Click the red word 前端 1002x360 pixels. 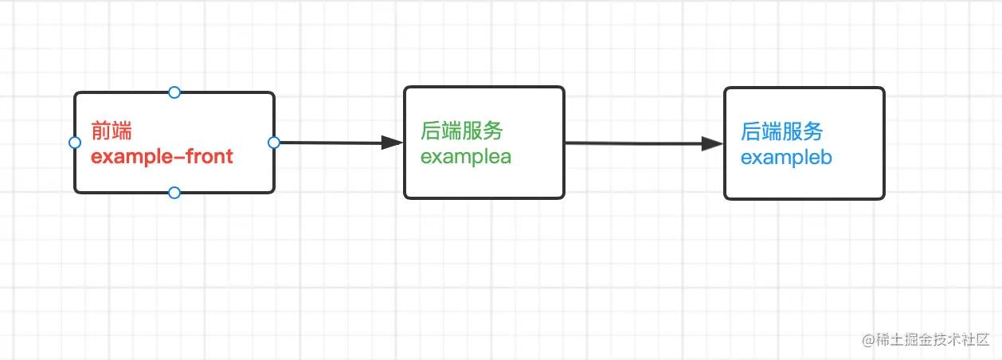(112, 132)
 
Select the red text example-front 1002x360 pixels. (162, 157)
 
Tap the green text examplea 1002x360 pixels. (466, 157)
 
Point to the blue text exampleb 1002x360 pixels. (786, 158)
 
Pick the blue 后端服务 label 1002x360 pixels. (782, 131)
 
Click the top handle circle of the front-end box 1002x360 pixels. (174, 92)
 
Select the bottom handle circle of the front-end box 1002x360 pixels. (174, 193)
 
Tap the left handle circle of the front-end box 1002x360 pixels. (75, 143)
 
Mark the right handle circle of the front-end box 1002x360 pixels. (274, 143)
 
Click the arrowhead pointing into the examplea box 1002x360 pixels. (392, 143)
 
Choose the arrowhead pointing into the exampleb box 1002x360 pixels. (712, 144)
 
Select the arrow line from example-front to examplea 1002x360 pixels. (331, 143)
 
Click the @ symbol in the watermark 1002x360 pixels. (867, 339)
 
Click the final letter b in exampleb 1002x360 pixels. (826, 158)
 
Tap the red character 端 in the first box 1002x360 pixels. (122, 132)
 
